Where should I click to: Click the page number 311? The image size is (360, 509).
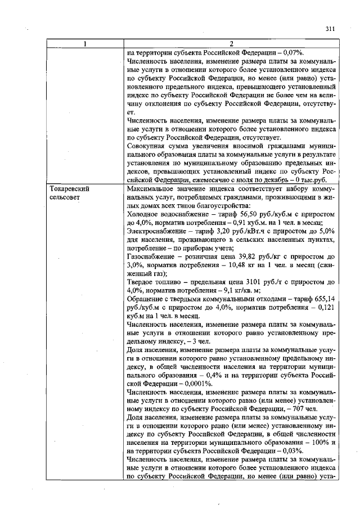click(330, 29)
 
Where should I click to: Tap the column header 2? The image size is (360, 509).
click(232, 44)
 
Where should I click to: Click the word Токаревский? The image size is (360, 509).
click(70, 189)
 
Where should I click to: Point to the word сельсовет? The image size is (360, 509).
click(65, 198)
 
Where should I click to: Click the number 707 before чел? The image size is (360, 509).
click(299, 408)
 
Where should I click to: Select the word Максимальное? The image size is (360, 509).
click(154, 189)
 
